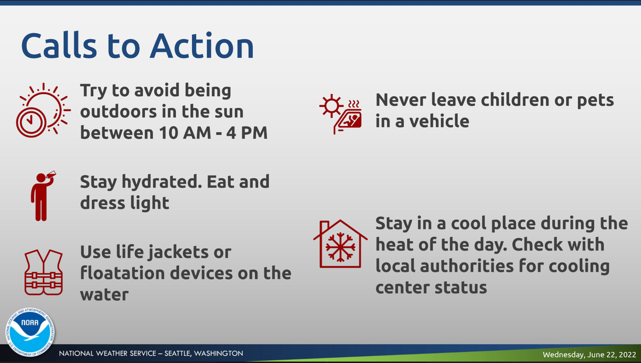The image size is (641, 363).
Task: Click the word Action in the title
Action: (x=202, y=46)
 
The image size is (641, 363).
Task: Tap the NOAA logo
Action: (x=30, y=333)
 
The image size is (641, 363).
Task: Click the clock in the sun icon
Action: (x=30, y=122)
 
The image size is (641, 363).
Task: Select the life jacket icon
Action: (x=43, y=272)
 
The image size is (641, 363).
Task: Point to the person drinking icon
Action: (x=42, y=196)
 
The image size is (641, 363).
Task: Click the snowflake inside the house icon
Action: (x=340, y=247)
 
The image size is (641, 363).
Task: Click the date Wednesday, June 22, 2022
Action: (x=589, y=354)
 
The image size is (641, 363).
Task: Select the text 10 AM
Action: (x=185, y=133)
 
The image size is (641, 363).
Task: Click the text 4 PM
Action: (x=247, y=133)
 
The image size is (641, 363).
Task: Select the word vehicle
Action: (x=439, y=121)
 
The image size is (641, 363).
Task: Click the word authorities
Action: (x=467, y=266)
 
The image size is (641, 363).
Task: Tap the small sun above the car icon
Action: (x=331, y=105)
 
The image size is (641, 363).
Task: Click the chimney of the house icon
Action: (x=325, y=227)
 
